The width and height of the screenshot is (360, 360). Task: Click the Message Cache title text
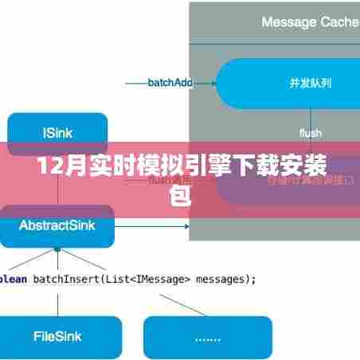310,22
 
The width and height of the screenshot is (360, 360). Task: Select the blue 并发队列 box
287,83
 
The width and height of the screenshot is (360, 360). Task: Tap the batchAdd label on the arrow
170,82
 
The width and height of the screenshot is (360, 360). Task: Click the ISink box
57,133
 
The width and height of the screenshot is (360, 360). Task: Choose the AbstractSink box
57,225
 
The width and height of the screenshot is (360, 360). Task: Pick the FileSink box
57,337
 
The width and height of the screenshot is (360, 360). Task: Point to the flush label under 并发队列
310,133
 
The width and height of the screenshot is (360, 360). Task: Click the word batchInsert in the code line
65,279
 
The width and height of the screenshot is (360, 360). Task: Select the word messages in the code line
225,279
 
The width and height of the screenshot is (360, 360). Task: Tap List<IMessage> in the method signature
151,279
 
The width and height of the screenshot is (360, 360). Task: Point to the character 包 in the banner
181,194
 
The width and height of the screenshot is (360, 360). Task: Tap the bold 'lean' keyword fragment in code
12,279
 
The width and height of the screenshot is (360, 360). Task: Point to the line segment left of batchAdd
135,82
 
